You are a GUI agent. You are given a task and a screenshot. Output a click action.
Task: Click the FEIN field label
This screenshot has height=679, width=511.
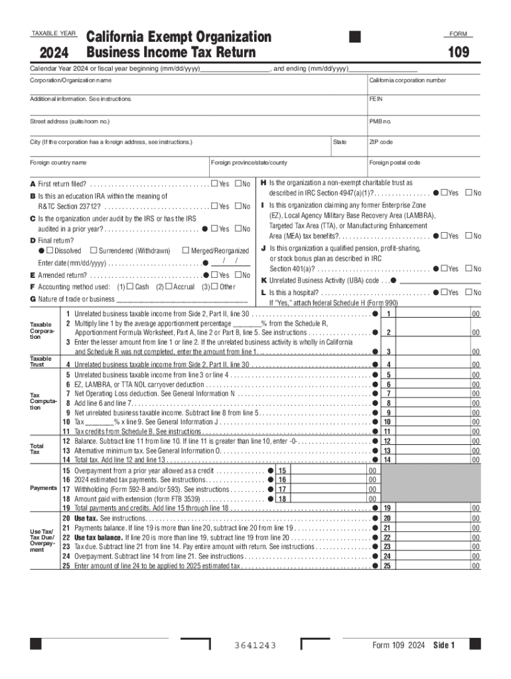[376, 99]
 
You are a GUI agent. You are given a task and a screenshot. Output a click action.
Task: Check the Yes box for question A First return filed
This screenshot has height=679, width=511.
[214, 184]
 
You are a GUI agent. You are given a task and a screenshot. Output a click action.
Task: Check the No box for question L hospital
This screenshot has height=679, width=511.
[469, 292]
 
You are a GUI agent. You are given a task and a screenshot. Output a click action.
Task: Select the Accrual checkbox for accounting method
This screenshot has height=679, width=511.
[169, 286]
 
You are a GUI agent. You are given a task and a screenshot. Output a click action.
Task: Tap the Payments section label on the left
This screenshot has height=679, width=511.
[42, 488]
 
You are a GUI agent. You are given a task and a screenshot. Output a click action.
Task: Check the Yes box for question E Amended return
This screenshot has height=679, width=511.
[214, 275]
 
